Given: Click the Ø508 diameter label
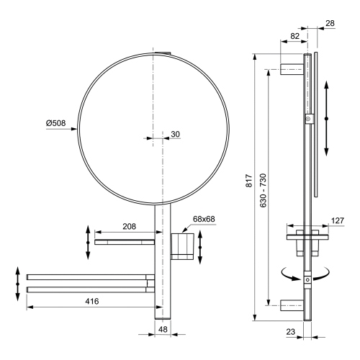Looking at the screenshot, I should click(x=55, y=123).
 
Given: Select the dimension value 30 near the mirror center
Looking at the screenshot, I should click(x=175, y=134).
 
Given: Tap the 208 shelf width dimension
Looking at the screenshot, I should click(x=130, y=226).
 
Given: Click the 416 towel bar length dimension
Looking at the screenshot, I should click(x=89, y=300).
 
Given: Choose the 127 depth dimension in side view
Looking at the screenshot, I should click(x=337, y=222).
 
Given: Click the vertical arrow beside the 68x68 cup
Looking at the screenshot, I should click(x=201, y=246).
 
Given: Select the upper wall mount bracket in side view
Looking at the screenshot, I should click(x=291, y=70).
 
